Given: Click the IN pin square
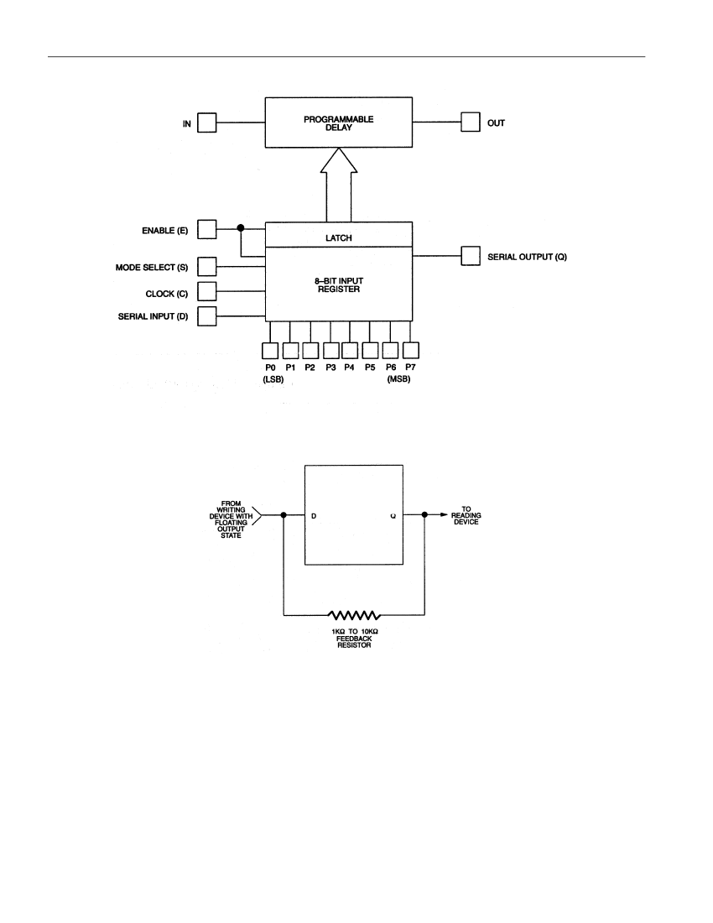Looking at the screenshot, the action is point(207,123).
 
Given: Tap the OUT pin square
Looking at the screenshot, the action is point(471,122).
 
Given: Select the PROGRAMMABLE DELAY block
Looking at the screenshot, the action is point(339,123).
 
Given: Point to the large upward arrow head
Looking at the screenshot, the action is point(339,160).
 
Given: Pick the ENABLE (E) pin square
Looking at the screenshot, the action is point(207,229).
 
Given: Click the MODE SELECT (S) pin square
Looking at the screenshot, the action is point(207,266).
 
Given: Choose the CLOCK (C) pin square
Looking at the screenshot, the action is point(207,291).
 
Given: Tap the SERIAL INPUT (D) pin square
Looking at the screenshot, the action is point(207,316).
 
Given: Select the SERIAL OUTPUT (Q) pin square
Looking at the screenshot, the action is point(471,255).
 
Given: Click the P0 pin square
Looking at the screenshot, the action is point(270,350).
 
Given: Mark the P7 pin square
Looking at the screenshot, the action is point(411,350).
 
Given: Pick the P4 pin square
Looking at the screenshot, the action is point(350,350).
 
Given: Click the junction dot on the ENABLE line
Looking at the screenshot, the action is point(241,227).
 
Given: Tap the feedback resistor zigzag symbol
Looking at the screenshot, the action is point(354,616).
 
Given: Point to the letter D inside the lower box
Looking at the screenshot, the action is point(314,516).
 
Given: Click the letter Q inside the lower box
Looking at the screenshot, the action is point(393,516).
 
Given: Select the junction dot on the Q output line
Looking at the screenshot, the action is point(424,514).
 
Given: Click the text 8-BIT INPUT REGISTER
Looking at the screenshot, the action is point(339,285).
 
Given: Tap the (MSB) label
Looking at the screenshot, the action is point(398,379).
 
